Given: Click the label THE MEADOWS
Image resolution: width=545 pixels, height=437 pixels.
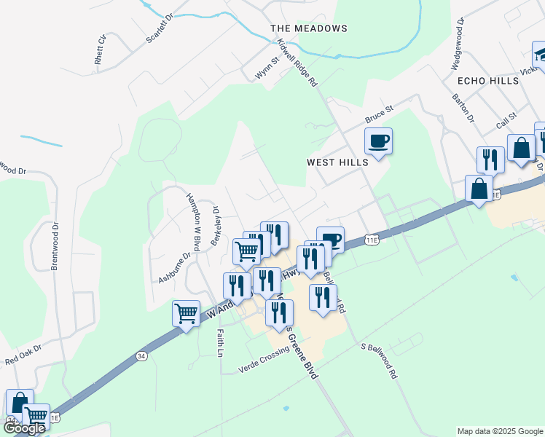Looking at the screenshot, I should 308,28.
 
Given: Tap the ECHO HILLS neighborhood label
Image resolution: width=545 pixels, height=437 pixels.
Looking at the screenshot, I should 487,80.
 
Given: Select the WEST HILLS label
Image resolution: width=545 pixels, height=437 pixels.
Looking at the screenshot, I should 337,162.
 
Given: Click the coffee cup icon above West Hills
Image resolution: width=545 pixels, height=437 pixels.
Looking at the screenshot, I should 378,140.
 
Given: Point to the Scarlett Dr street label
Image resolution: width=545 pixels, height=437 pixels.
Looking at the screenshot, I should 160,28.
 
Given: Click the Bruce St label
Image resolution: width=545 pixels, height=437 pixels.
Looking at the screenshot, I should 379,114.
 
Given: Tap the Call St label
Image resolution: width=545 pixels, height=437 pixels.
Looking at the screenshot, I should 506,121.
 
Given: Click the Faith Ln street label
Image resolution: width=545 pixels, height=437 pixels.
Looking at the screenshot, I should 219,343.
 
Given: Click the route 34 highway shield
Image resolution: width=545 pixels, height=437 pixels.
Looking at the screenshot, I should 141,356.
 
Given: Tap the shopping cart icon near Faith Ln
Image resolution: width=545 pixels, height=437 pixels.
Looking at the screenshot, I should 186,313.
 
